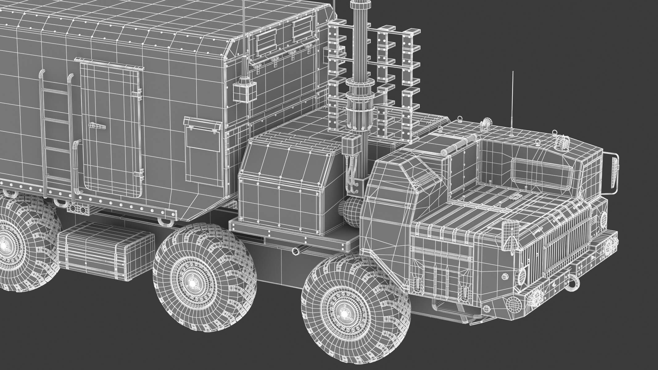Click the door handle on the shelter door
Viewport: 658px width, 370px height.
point(97,126)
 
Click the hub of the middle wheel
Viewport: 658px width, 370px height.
point(192,282)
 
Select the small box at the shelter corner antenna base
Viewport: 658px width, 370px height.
point(244,92)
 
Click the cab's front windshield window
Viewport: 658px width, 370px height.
point(542,173)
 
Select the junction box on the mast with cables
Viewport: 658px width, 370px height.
point(350,146)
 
